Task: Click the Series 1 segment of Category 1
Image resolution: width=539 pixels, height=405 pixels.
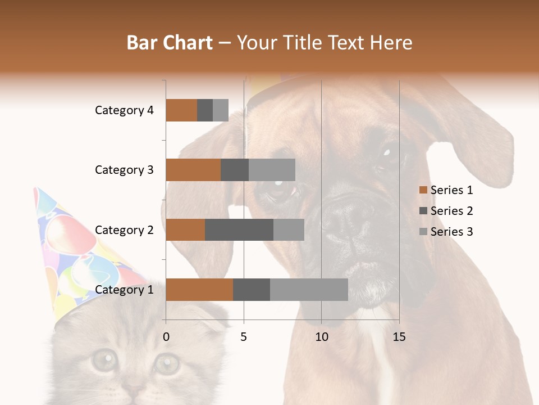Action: pyautogui.click(x=199, y=290)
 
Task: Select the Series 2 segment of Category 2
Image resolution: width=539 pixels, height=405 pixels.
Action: pyautogui.click(x=239, y=229)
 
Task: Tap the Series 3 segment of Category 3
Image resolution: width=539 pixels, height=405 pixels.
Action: pyautogui.click(x=272, y=170)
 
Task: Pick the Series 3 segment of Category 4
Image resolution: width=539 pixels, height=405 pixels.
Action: pyautogui.click(x=221, y=110)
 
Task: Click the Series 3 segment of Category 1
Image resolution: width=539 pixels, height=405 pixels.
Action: pyautogui.click(x=309, y=290)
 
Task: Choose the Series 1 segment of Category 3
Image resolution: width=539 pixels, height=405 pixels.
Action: pyautogui.click(x=193, y=170)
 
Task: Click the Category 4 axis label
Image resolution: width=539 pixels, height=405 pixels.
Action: pyautogui.click(x=124, y=110)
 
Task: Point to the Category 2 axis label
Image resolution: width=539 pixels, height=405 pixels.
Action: pyautogui.click(x=124, y=229)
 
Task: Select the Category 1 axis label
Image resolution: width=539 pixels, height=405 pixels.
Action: pyautogui.click(x=124, y=290)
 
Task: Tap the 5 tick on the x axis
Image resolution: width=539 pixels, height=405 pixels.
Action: pyautogui.click(x=244, y=337)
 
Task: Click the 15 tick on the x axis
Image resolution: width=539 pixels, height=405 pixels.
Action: pyautogui.click(x=399, y=337)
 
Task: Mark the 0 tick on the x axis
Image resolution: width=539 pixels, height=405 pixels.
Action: pyautogui.click(x=166, y=337)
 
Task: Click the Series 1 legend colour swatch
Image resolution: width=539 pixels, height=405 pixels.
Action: pyautogui.click(x=423, y=190)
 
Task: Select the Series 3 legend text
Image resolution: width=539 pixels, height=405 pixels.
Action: pyautogui.click(x=451, y=232)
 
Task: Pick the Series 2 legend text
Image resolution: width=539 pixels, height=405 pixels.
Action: pyautogui.click(x=451, y=211)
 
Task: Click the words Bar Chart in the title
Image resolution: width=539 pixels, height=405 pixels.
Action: pyautogui.click(x=170, y=43)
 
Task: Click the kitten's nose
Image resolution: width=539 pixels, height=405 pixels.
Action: pyautogui.click(x=134, y=388)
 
